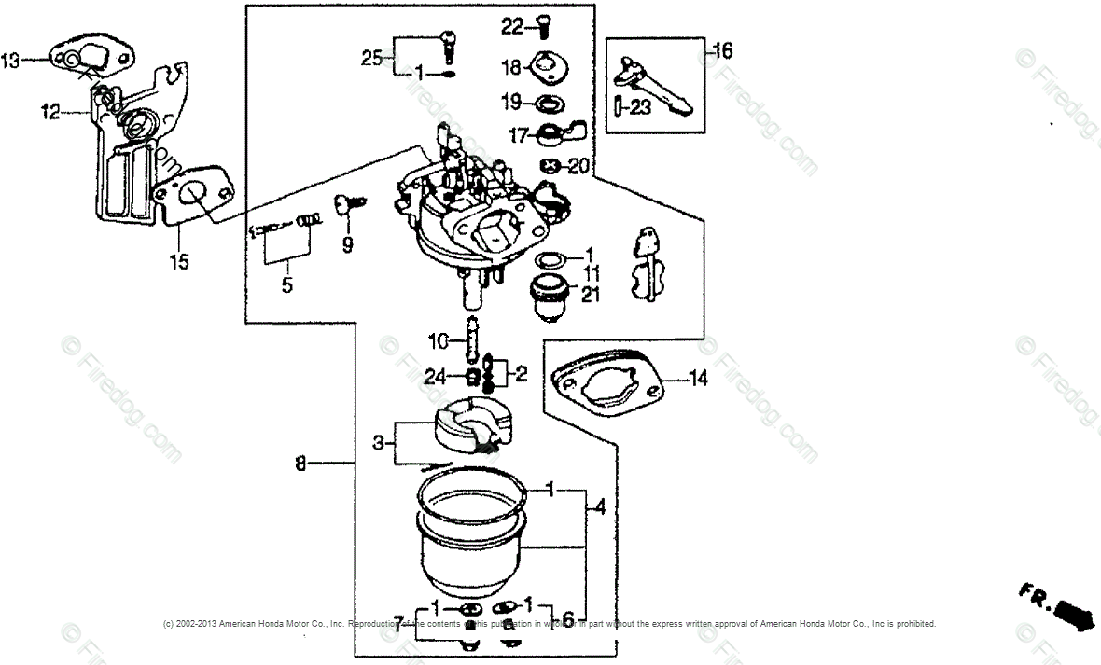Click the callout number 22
click(512, 28)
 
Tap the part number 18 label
click(512, 68)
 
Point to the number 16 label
click(723, 50)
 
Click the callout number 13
click(10, 61)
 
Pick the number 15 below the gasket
click(178, 263)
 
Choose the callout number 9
click(347, 246)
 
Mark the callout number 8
click(300, 463)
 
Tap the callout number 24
click(435, 377)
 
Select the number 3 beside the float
click(378, 443)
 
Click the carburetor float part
click(471, 426)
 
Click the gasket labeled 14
click(606, 381)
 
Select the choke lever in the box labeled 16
click(658, 89)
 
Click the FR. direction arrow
click(1062, 604)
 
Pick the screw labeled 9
click(348, 203)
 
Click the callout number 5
click(286, 284)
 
